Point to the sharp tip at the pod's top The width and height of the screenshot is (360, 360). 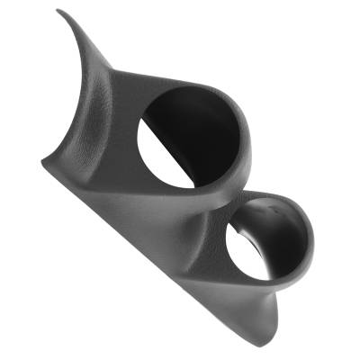coord(58,12)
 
